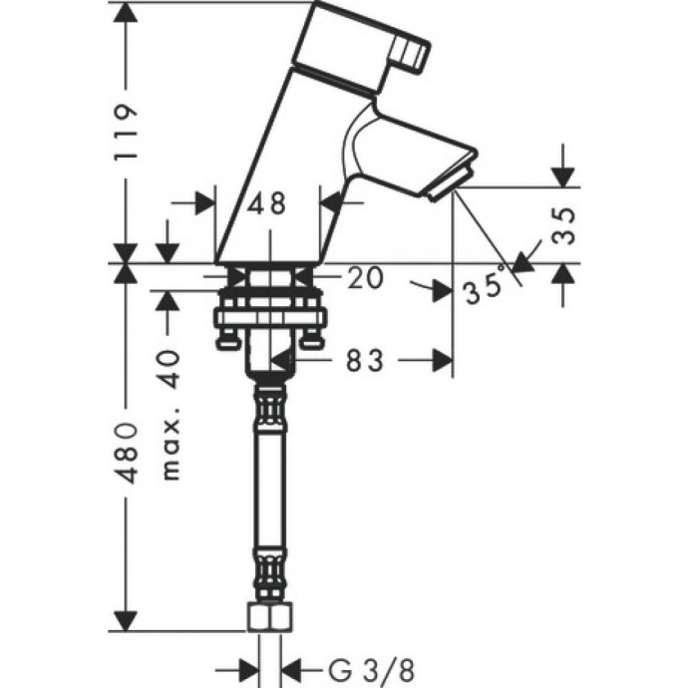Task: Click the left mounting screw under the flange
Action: click(x=228, y=343)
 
